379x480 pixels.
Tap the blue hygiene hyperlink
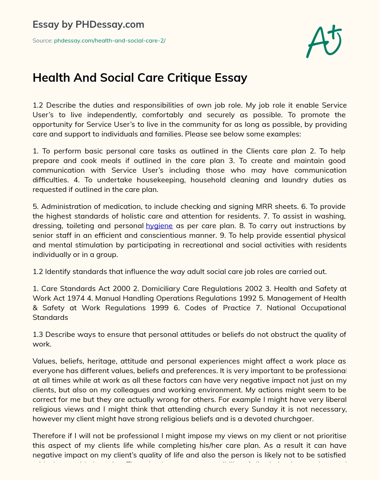(159, 226)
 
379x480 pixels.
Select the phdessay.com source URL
(110, 41)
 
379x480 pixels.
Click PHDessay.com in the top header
(110, 25)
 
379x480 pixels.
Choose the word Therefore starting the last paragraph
(50, 436)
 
